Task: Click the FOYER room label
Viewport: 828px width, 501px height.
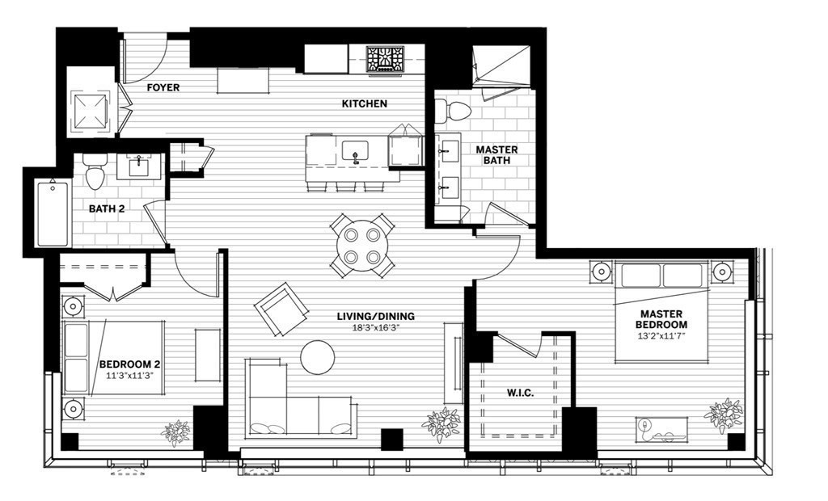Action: pyautogui.click(x=163, y=87)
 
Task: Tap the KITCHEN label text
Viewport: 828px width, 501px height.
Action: pyautogui.click(x=364, y=103)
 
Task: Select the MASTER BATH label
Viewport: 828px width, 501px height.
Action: pyautogui.click(x=496, y=156)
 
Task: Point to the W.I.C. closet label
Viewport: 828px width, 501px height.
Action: pyautogui.click(x=520, y=394)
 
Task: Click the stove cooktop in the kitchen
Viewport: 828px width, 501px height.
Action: pyautogui.click(x=385, y=61)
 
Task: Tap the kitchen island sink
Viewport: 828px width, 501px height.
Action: pyautogui.click(x=355, y=150)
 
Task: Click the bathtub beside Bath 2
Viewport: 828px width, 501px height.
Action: pyautogui.click(x=53, y=214)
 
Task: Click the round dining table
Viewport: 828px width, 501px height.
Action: pyautogui.click(x=361, y=245)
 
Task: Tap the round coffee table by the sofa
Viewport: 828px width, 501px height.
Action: pyautogui.click(x=317, y=356)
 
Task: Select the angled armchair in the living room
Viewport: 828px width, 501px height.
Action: pyautogui.click(x=281, y=309)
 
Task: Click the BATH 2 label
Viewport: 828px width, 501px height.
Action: pyautogui.click(x=108, y=209)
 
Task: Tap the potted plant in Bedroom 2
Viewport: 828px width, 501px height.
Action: pyautogui.click(x=175, y=432)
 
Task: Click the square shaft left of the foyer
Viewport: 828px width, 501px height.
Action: pyautogui.click(x=91, y=109)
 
